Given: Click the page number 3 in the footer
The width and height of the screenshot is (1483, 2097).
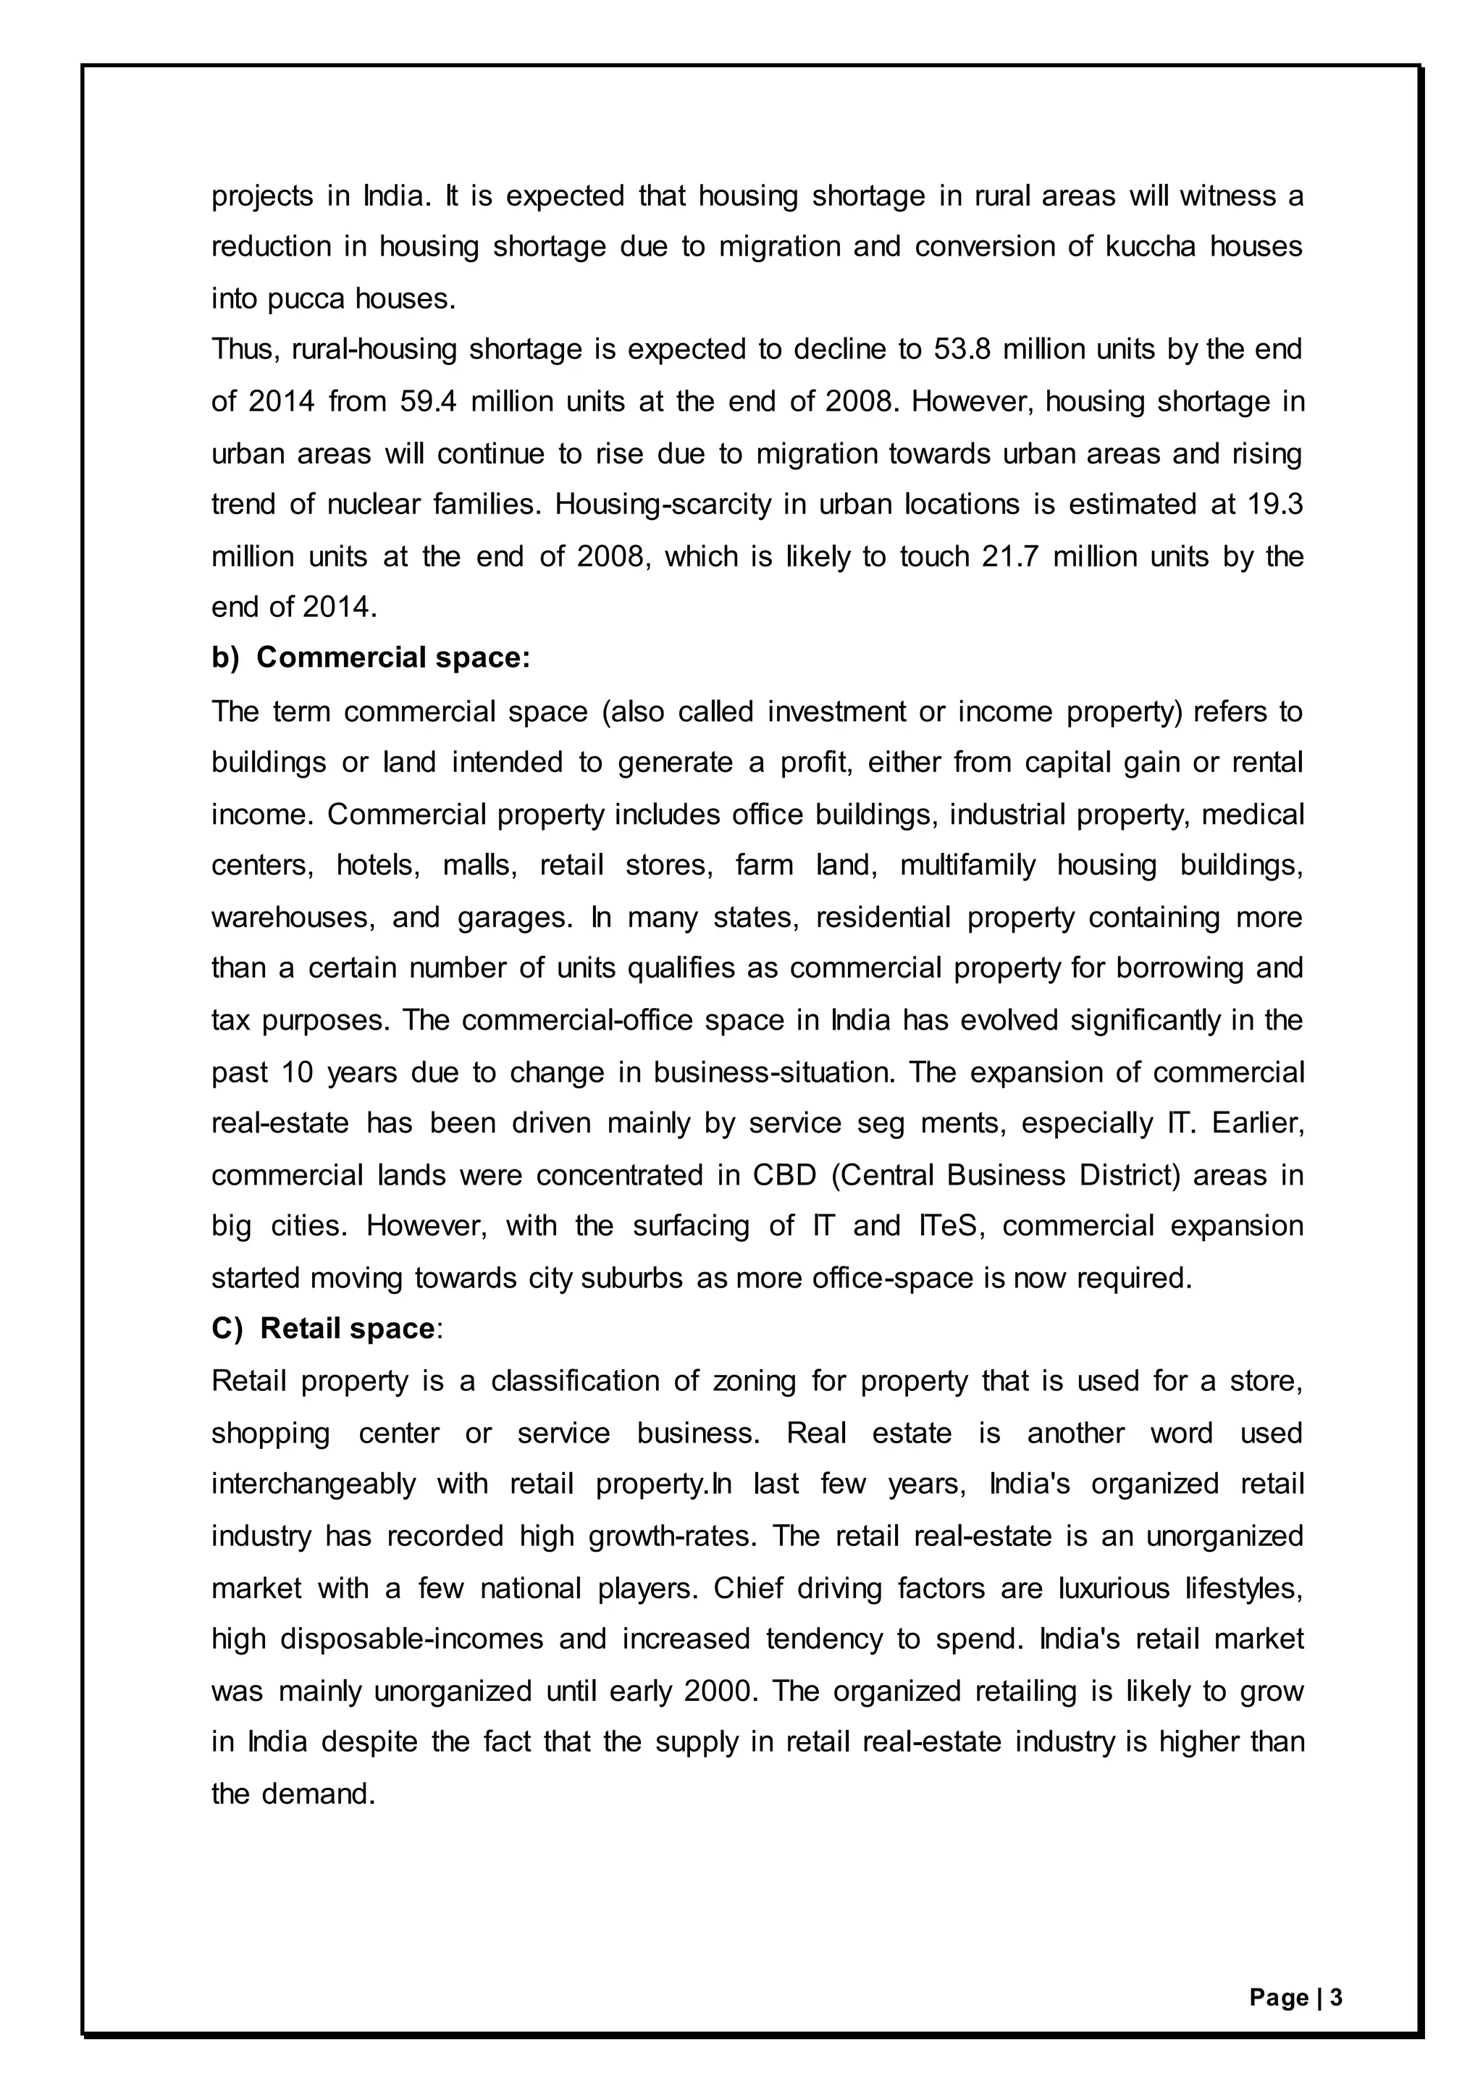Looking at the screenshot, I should (1336, 1998).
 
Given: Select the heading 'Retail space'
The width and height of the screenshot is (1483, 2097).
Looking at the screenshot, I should (347, 1328).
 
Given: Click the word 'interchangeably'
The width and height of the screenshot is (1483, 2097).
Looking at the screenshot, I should (314, 1484).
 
